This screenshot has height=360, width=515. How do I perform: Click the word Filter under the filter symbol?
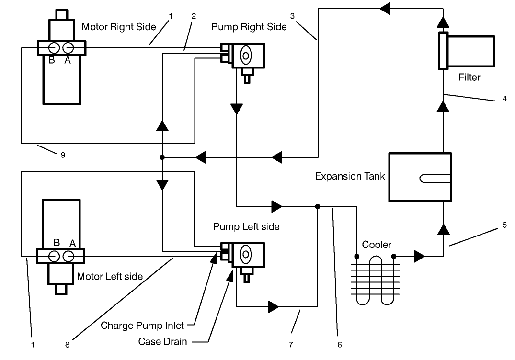[x=469, y=77]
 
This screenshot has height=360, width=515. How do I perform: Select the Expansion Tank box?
[x=420, y=177]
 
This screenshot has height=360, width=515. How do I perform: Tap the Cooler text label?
[x=377, y=245]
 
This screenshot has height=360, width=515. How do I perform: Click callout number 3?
[x=292, y=16]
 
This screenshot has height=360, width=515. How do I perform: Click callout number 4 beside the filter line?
[x=504, y=100]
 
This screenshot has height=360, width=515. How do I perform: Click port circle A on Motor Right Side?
[x=69, y=48]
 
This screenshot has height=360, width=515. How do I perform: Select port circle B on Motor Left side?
[x=54, y=256]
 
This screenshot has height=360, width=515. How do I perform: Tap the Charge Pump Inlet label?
[x=142, y=326]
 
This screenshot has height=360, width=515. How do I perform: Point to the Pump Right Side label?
[x=249, y=27]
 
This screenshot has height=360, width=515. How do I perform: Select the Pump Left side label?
[x=246, y=226]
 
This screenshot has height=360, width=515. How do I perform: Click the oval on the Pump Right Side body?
[x=245, y=56]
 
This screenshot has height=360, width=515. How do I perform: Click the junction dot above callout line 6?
[x=317, y=207]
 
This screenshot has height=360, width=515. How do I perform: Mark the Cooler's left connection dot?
[x=356, y=257]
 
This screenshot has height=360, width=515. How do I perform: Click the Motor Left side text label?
[x=110, y=277]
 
